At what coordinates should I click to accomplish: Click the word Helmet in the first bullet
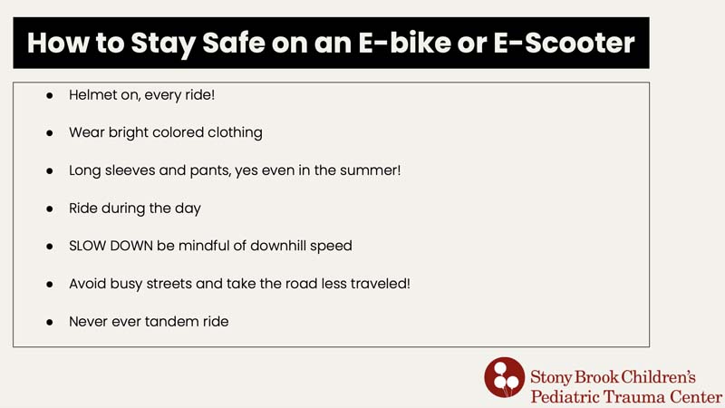tap(92, 94)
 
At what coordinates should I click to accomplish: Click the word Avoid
tap(87, 284)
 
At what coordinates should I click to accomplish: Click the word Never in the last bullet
tap(89, 322)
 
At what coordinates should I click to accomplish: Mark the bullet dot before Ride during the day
tap(50, 209)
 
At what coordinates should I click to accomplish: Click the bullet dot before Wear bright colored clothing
tap(50, 132)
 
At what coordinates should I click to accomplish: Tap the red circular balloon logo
tap(504, 377)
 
